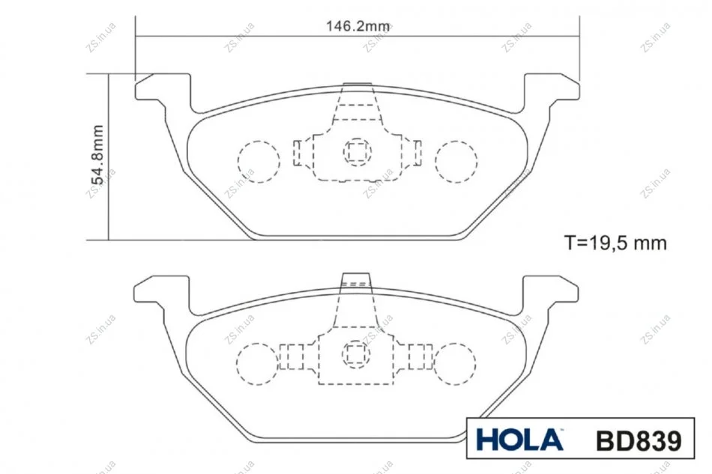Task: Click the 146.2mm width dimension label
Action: coord(357,26)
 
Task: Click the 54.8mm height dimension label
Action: coord(97,155)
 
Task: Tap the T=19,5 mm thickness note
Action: coord(615,243)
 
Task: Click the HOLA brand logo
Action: coord(519,440)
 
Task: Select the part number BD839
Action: coord(639,440)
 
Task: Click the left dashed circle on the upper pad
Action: coord(259,162)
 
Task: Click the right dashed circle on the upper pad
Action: coord(456,162)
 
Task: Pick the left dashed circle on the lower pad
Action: coord(258,364)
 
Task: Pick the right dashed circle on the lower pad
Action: coord(454,364)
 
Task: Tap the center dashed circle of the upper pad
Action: coord(357,152)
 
